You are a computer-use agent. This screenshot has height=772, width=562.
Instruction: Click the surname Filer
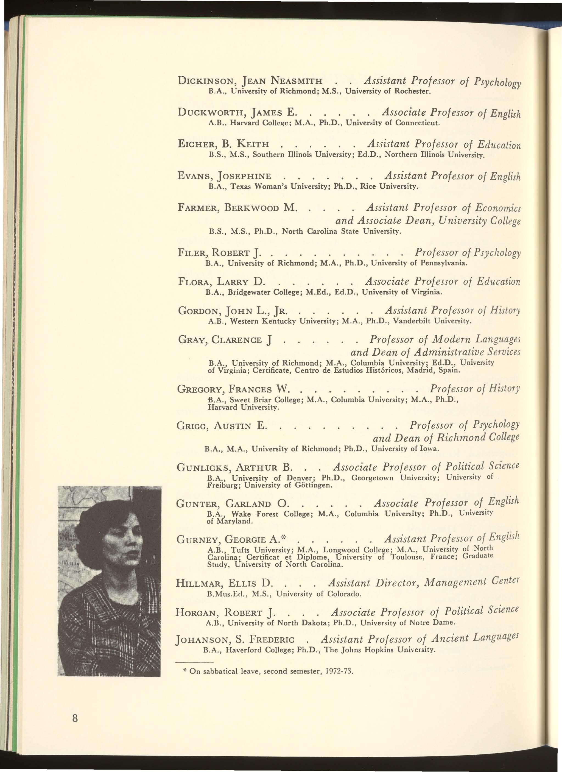pyautogui.click(x=192, y=253)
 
